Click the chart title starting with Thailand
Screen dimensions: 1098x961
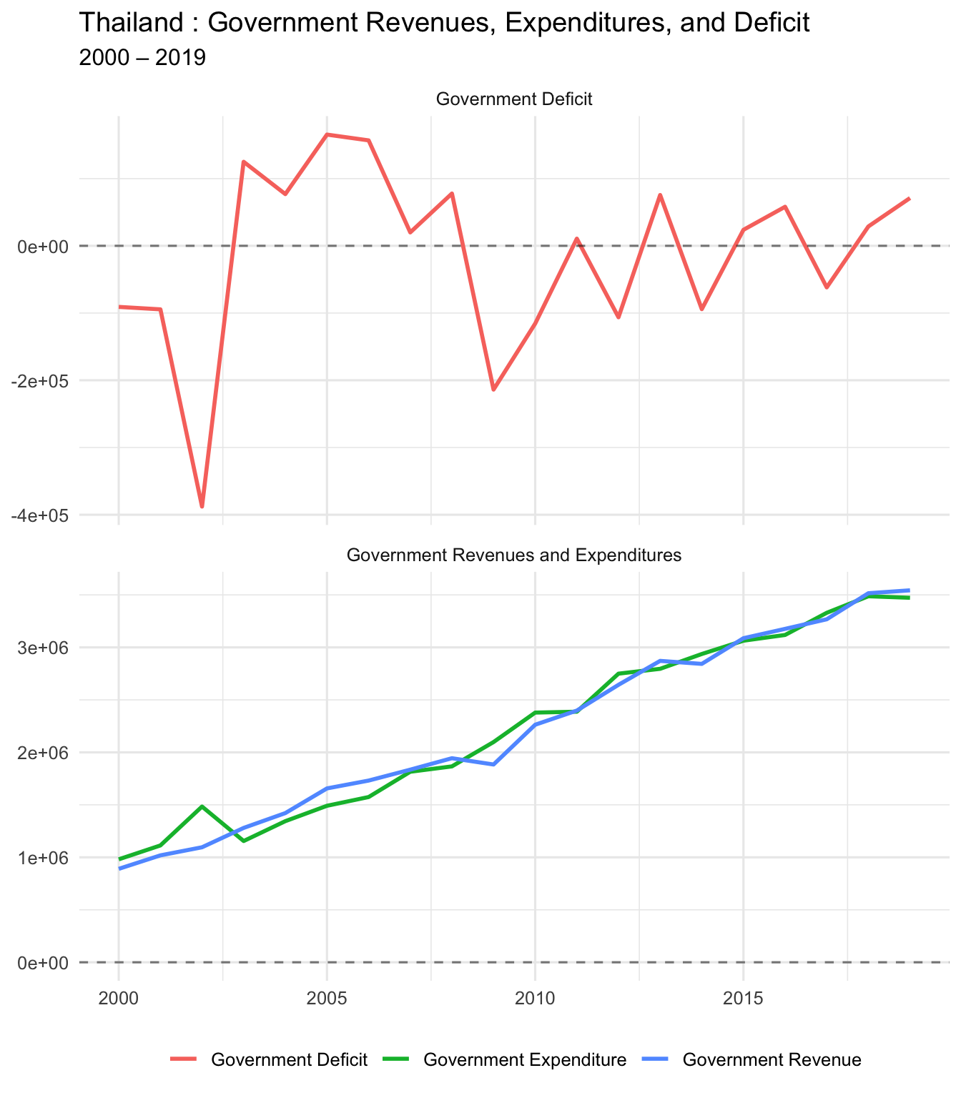coord(443,23)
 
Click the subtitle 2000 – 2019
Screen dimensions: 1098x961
coord(142,57)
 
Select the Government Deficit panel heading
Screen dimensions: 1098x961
coord(513,99)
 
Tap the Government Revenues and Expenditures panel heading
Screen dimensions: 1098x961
coord(513,555)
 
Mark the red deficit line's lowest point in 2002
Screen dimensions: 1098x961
coord(202,507)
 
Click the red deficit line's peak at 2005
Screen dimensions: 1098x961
coord(327,134)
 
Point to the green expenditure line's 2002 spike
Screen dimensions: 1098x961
coord(202,806)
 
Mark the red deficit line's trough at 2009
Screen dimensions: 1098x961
coord(493,390)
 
